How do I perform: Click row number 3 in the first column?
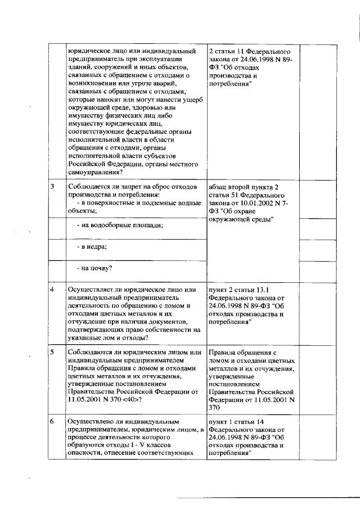(x=52, y=186)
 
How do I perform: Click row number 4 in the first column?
(x=52, y=289)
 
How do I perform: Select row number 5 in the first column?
(x=52, y=353)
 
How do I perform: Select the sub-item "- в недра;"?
(x=92, y=247)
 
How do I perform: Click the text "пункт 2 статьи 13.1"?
(x=241, y=289)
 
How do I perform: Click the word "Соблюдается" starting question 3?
(x=89, y=186)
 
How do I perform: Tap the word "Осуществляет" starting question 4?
(x=91, y=289)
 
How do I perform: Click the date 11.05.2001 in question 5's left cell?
(x=85, y=400)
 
